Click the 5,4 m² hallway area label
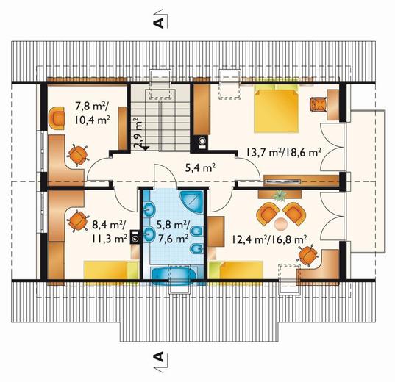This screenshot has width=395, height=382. [200, 167]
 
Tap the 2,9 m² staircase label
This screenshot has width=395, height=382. [138, 133]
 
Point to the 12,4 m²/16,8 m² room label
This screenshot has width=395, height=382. [269, 239]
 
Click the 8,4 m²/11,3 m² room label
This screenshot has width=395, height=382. [109, 231]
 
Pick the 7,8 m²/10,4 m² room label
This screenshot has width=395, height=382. [92, 113]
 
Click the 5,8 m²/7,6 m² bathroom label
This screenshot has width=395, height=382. [173, 231]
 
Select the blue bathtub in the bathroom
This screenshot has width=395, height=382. [173, 275]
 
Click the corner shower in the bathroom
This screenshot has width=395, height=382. [192, 202]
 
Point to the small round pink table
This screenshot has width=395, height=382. [281, 224]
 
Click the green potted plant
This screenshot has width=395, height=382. [280, 195]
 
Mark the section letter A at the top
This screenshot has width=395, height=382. [159, 23]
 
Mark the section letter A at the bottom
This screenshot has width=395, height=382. [159, 357]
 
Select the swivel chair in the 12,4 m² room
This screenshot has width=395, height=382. [307, 255]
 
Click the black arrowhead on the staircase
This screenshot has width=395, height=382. [146, 148]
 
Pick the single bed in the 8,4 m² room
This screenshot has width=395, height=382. [111, 270]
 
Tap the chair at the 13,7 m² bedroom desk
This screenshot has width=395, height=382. [318, 104]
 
